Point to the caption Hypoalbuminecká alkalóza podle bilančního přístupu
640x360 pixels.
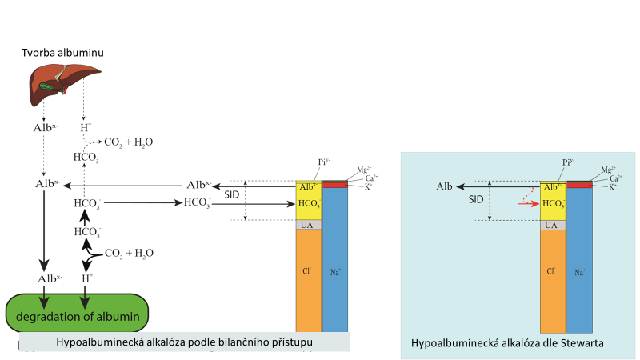pyautogui.click(x=184, y=342)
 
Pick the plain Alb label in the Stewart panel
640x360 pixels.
pyautogui.click(x=445, y=186)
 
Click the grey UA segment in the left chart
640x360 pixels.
pyautogui.click(x=308, y=225)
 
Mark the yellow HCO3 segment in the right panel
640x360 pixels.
pyautogui.click(x=553, y=205)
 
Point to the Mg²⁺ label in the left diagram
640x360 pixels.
pyautogui.click(x=362, y=170)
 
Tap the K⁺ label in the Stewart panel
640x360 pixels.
pyautogui.click(x=612, y=186)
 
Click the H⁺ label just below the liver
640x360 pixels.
pyautogui.click(x=85, y=127)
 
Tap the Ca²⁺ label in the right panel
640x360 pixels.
pyautogui.click(x=615, y=178)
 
